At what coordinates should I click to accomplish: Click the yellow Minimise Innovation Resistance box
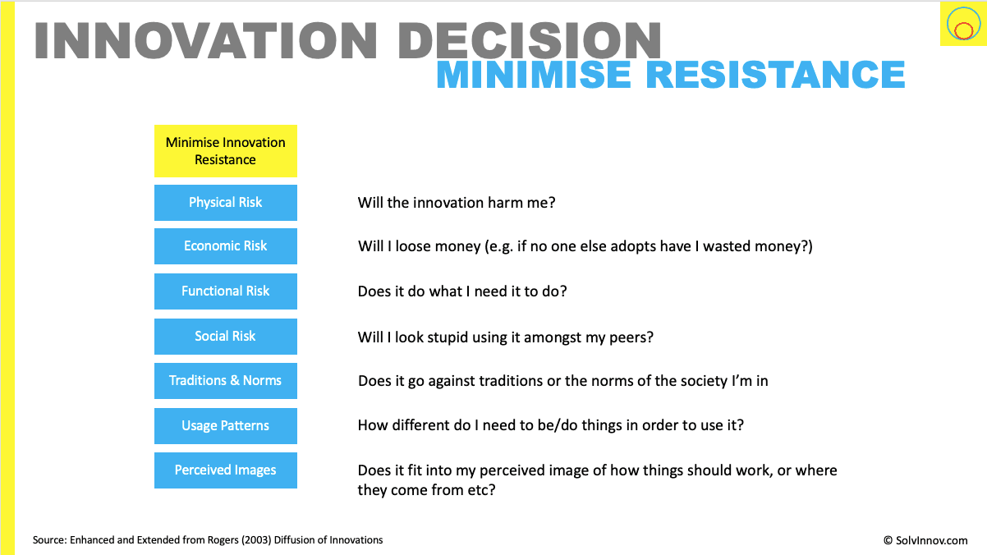tap(226, 151)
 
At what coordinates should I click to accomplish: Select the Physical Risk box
tap(226, 203)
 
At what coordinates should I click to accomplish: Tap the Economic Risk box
tap(226, 246)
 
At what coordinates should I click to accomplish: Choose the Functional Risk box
tap(226, 291)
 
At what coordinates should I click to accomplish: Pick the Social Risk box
tap(226, 337)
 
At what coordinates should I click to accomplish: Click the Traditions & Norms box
tap(226, 381)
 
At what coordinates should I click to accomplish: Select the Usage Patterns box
tap(226, 426)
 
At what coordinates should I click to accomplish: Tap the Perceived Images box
tap(226, 470)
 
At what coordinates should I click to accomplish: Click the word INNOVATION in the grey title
tap(206, 40)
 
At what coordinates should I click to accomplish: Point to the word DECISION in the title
tap(529, 40)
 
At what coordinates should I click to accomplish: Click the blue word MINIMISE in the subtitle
tap(534, 75)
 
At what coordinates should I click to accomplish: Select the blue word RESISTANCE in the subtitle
tap(775, 75)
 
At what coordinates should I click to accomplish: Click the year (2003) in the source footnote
tap(256, 540)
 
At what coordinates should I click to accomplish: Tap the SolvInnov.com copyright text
tap(925, 540)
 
